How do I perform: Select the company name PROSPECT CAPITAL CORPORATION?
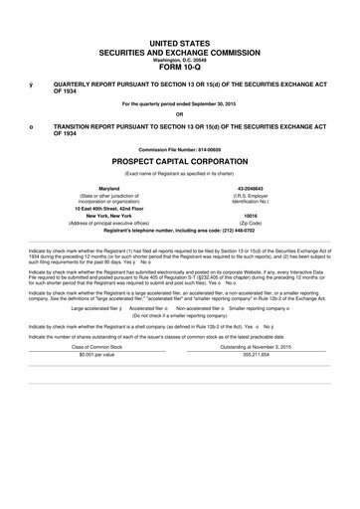click(x=179, y=159)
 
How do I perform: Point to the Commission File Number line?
click(x=179, y=148)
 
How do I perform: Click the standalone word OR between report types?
click(x=179, y=111)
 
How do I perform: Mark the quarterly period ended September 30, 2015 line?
click(x=179, y=102)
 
